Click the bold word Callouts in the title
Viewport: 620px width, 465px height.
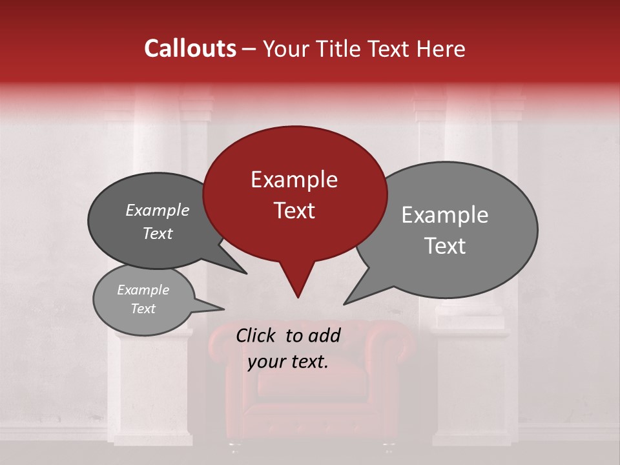click(190, 48)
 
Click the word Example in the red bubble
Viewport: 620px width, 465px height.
click(294, 180)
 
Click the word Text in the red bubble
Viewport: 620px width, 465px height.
click(294, 211)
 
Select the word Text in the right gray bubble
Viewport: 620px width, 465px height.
click(445, 246)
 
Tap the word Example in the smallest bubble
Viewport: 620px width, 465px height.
click(143, 290)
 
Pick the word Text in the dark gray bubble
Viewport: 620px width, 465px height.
click(157, 233)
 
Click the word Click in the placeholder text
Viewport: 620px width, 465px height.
click(257, 335)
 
